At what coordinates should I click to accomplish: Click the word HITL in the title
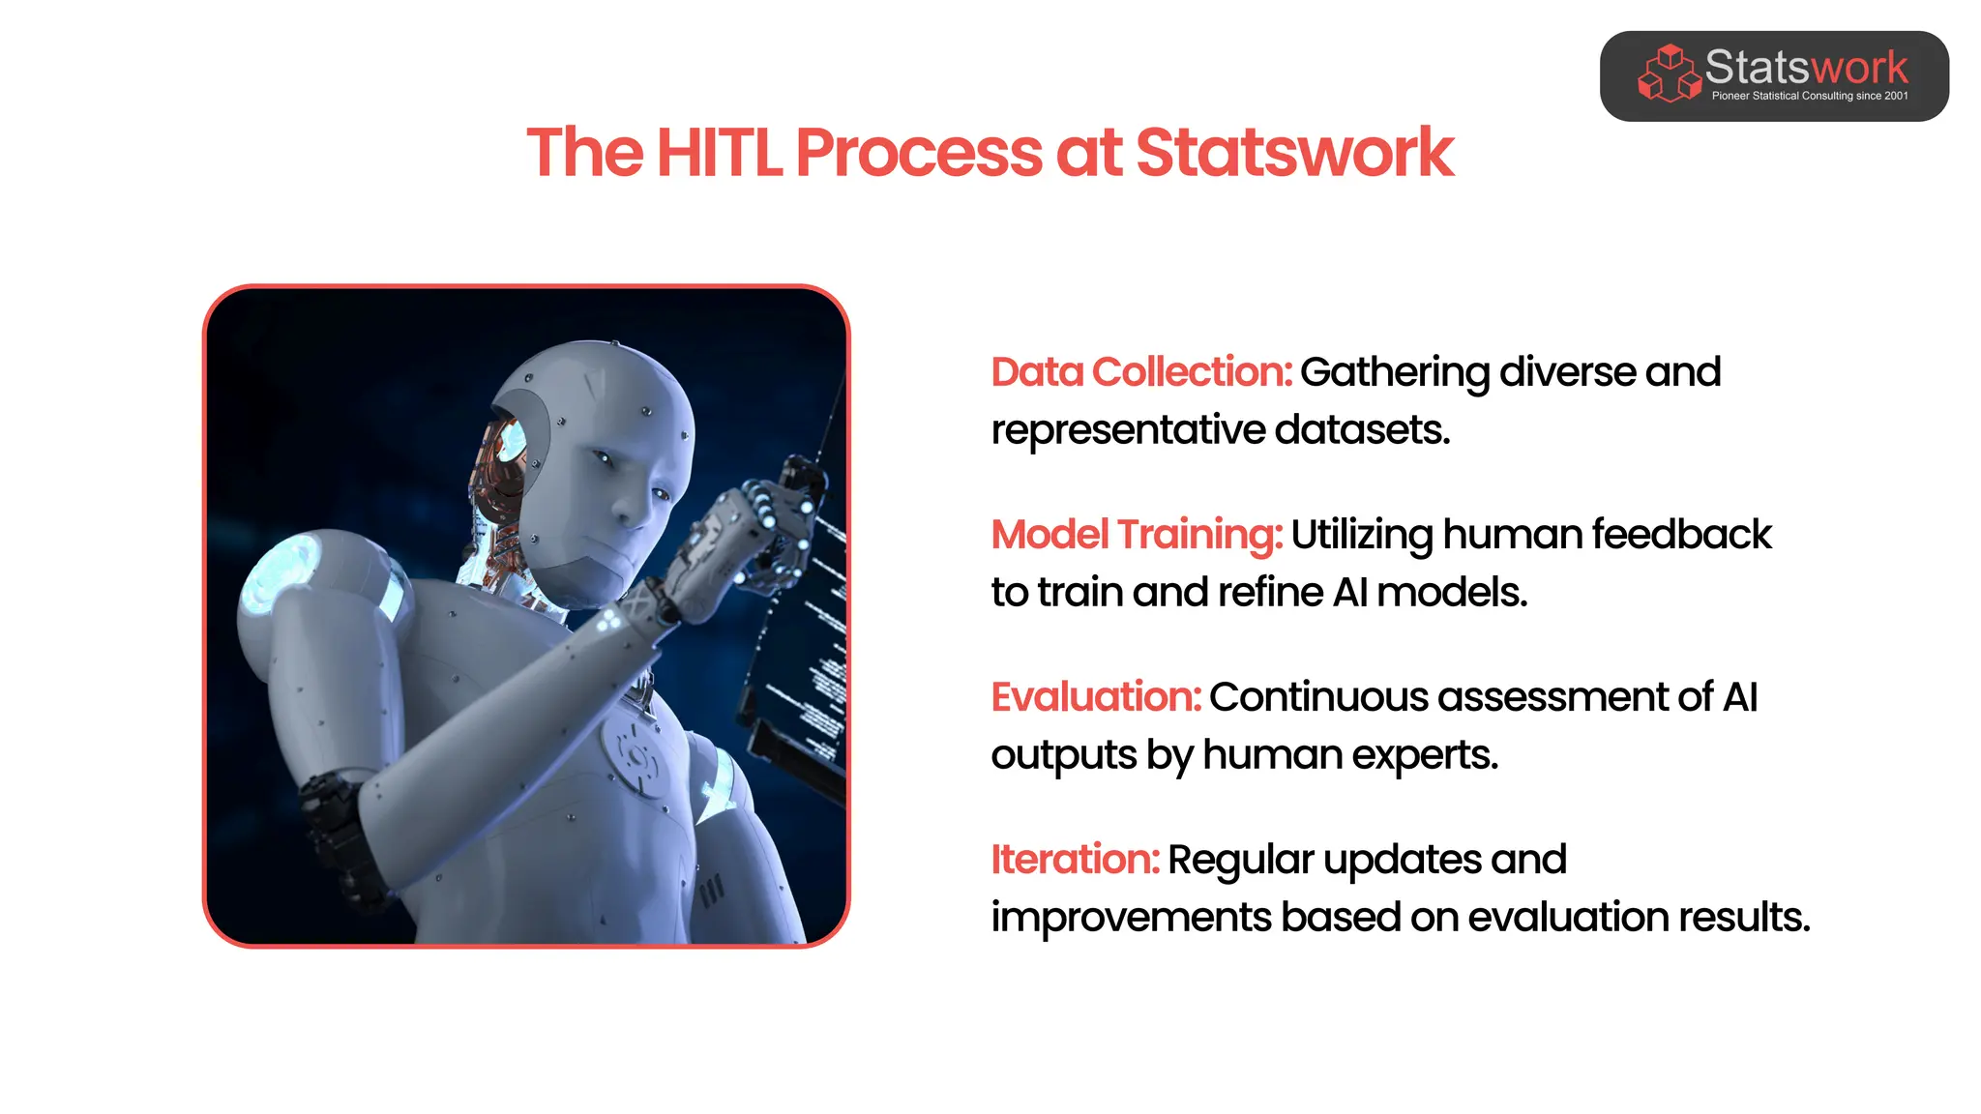pos(719,153)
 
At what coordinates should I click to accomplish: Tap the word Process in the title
pos(918,153)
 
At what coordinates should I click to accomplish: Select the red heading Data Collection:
pos(1141,372)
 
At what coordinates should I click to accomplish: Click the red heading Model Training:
pos(1137,535)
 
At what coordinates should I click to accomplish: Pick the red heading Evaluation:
pos(1096,697)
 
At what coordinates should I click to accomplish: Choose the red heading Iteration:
pos(1075,860)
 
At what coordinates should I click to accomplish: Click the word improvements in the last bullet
pos(1130,918)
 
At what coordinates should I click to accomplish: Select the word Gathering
pos(1394,372)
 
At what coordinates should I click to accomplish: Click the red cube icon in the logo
pos(1669,73)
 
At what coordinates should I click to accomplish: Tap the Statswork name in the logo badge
pos(1806,68)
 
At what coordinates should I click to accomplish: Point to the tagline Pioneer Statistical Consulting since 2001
pos(1810,96)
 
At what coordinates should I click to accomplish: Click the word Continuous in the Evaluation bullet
pos(1317,697)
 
